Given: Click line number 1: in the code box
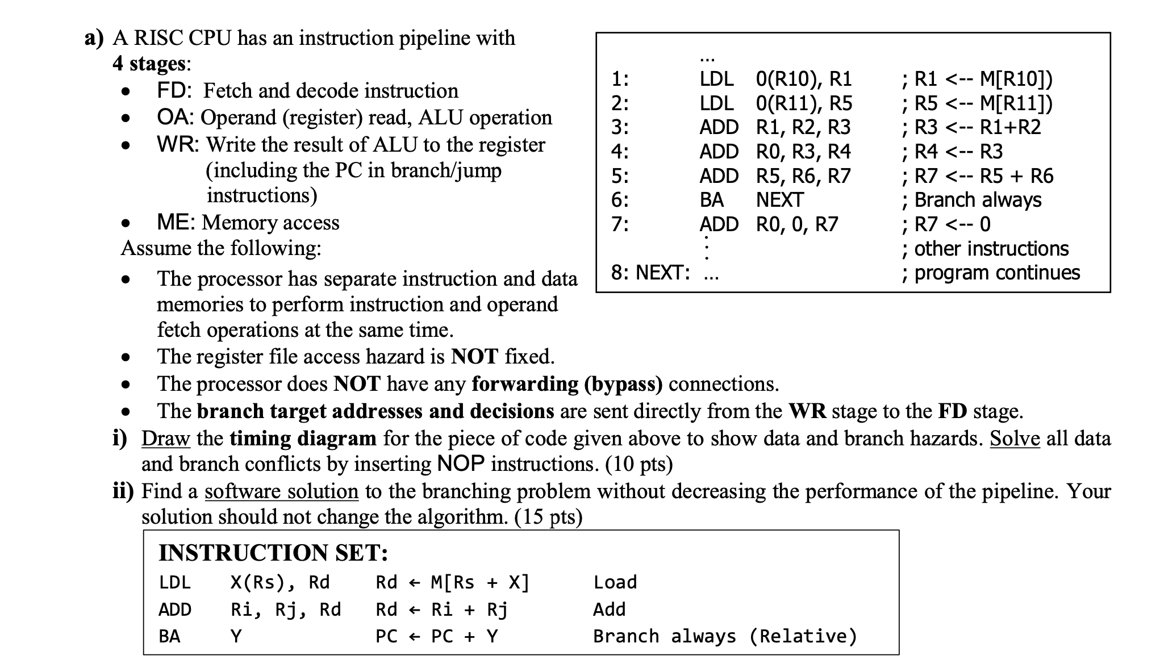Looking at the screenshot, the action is (x=620, y=79).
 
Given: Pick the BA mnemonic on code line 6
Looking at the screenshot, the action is (x=711, y=200).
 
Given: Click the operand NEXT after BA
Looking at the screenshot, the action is (x=779, y=200).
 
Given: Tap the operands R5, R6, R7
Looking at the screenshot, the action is (x=803, y=176).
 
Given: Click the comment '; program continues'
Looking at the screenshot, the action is (x=991, y=273).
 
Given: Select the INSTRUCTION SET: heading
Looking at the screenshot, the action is (x=273, y=553).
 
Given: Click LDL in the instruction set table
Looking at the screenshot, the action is (x=174, y=582).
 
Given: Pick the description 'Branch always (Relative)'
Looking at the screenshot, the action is (x=725, y=636).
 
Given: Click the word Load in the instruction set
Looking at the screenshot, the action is (x=615, y=582).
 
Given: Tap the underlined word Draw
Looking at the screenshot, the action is (x=165, y=439).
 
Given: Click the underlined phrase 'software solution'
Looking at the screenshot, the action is (x=281, y=491).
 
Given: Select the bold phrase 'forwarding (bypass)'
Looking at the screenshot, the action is (x=567, y=384).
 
